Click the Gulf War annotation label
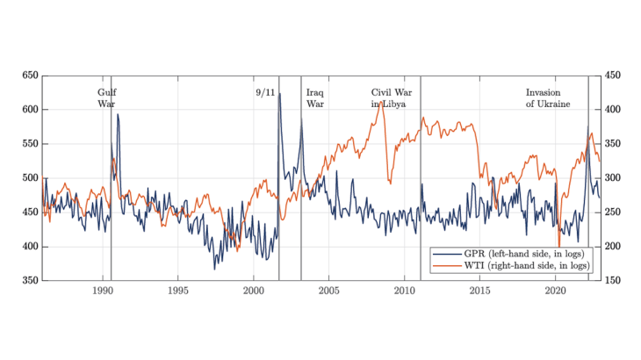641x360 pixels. point(106,97)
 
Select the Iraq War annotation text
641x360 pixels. point(315,97)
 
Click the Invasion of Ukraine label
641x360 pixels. point(548,97)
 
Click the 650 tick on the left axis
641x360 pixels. point(29,76)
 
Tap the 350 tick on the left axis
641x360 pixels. point(29,280)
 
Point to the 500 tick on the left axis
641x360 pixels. point(29,178)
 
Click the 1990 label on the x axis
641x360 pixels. point(103,291)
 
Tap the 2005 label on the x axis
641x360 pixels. point(329,291)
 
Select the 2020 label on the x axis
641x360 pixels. point(556,291)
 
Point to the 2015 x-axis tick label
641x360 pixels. point(480,291)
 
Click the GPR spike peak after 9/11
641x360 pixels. point(280,93)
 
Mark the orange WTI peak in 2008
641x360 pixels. point(380,102)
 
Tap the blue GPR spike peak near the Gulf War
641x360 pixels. point(117,114)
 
